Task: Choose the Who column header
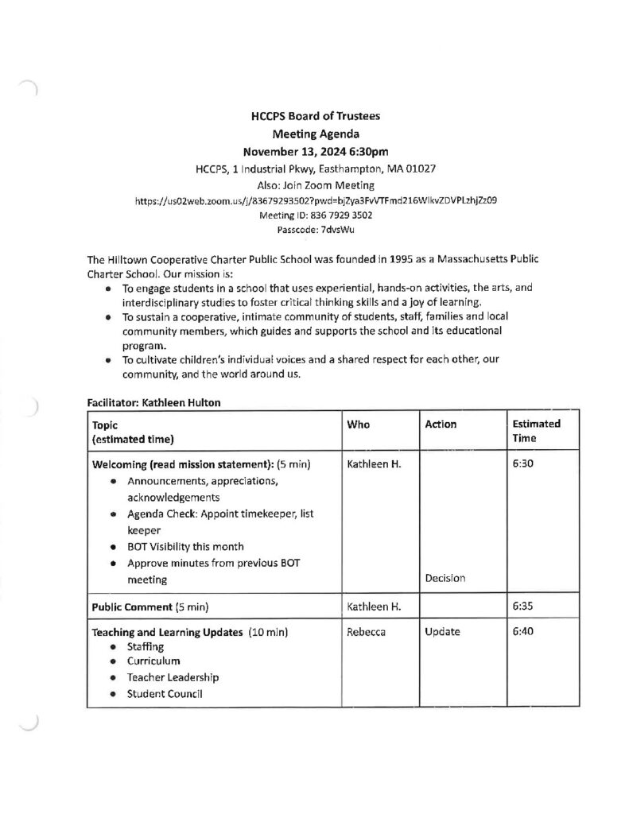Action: pyautogui.click(x=359, y=424)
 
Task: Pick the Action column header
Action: pyautogui.click(x=441, y=424)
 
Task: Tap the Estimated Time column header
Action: pyautogui.click(x=536, y=431)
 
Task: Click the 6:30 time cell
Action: pyautogui.click(x=522, y=463)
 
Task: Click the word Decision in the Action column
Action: pyautogui.click(x=445, y=579)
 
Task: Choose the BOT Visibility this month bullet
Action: pyautogui.click(x=185, y=546)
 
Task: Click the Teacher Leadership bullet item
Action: pyautogui.click(x=173, y=678)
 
